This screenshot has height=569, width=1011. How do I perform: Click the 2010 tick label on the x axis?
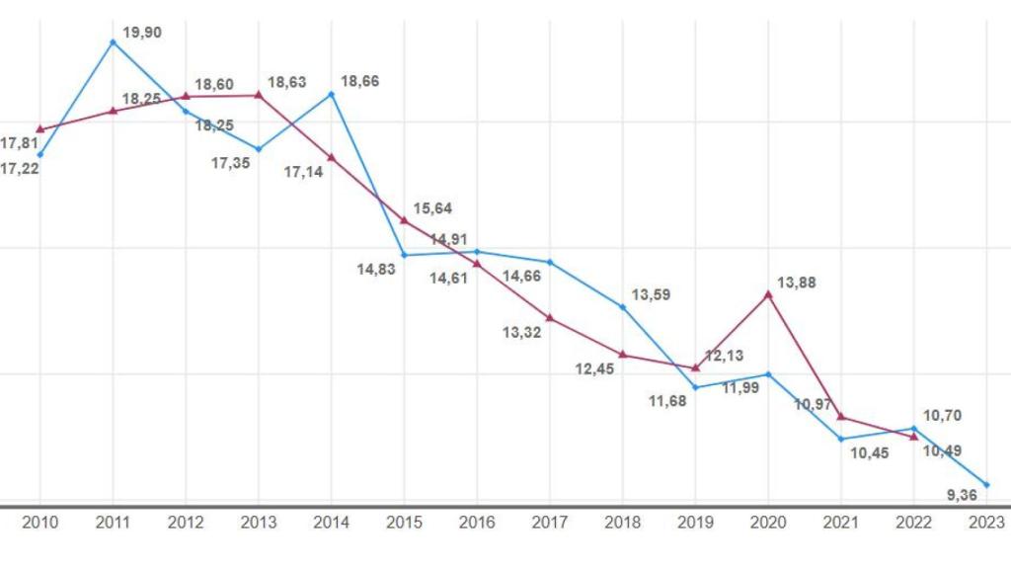point(39,522)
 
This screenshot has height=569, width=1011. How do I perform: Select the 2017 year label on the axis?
point(550,522)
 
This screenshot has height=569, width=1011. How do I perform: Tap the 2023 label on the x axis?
point(985,522)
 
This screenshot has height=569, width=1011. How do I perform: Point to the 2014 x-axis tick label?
point(331,522)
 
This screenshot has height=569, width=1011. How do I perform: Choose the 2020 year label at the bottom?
point(768,522)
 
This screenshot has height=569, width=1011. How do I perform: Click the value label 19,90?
point(141,33)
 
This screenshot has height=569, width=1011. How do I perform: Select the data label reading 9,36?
point(963,496)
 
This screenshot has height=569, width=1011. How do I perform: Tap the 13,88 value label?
point(797,284)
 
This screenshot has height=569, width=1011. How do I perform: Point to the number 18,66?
point(359,81)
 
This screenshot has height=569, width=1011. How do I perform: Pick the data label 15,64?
point(432,208)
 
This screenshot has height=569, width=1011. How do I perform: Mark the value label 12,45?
point(595,369)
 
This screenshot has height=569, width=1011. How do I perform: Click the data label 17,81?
point(19,143)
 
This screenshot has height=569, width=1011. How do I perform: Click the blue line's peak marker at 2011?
point(113,41)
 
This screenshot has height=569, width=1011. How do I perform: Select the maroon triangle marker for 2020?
point(768,293)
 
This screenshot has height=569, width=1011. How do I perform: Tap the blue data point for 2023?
point(986,484)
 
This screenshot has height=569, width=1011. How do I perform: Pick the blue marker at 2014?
point(331,94)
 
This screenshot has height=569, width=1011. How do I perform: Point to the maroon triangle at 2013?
point(258,95)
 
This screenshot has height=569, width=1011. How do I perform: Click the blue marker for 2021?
point(841,439)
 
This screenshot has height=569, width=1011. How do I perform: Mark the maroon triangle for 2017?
point(550,318)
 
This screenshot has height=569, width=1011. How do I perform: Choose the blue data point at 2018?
point(623,307)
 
